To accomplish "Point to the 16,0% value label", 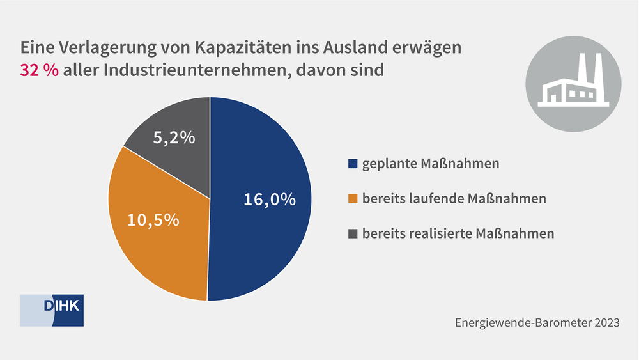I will pyautogui.click(x=270, y=200).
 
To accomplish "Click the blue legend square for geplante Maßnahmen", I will pyautogui.click(x=353, y=164).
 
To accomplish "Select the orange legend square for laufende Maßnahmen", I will pyautogui.click(x=353, y=199).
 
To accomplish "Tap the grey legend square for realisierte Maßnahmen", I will pyautogui.click(x=353, y=233).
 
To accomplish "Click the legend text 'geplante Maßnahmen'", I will pyautogui.click(x=431, y=164).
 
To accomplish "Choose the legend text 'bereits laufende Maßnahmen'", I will pyautogui.click(x=454, y=199).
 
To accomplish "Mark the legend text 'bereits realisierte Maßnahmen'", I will pyautogui.click(x=458, y=233).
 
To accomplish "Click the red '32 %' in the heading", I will pyautogui.click(x=40, y=70).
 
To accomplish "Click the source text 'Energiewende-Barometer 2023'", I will pyautogui.click(x=537, y=323).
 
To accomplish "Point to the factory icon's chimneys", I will pyautogui.click(x=589, y=67).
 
